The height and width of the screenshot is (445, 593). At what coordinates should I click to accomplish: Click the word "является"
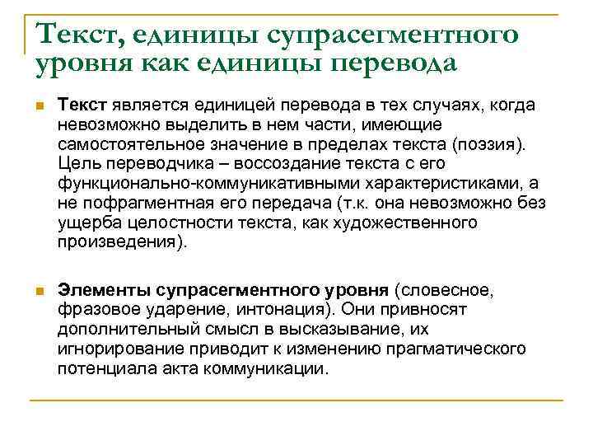(147, 105)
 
